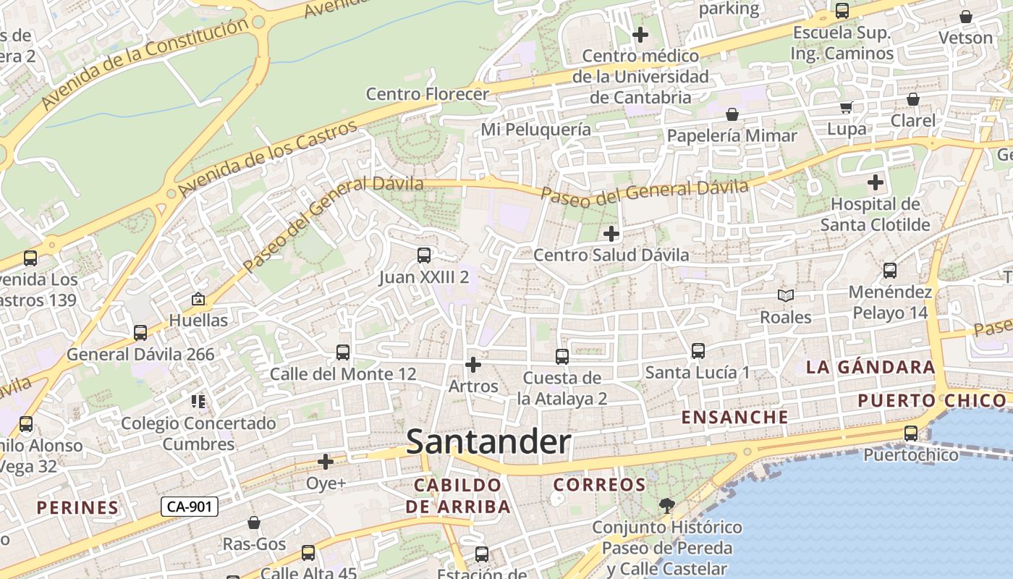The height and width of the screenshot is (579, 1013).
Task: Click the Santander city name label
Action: click(x=488, y=442)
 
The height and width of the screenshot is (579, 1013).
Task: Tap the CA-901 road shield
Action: click(x=189, y=507)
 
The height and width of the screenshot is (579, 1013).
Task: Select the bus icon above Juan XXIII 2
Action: click(x=424, y=255)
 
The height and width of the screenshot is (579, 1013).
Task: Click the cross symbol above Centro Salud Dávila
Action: click(x=611, y=234)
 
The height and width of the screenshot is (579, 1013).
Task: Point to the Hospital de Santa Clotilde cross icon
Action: click(x=876, y=182)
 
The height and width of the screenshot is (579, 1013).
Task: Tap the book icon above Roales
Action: click(x=786, y=295)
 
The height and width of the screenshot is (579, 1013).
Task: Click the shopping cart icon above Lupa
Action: click(x=846, y=108)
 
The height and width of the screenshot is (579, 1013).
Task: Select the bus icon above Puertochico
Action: click(x=911, y=434)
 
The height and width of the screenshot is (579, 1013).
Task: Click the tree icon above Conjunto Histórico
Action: click(x=666, y=506)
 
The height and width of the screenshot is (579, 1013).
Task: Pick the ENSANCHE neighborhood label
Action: click(x=735, y=418)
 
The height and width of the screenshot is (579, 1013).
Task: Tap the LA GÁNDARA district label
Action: click(x=870, y=367)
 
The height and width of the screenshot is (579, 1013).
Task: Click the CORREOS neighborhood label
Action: click(x=599, y=485)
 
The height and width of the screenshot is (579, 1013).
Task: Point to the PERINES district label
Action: click(x=77, y=508)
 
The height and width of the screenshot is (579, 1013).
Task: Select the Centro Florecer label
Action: click(x=427, y=94)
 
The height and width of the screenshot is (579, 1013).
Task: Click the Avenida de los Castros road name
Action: click(x=268, y=159)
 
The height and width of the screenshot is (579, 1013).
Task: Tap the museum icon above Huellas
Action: click(x=198, y=299)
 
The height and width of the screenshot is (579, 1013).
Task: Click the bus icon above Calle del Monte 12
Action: click(x=343, y=352)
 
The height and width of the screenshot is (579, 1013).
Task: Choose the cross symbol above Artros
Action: click(x=473, y=365)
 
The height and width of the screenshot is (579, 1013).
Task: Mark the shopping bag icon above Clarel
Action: click(x=913, y=99)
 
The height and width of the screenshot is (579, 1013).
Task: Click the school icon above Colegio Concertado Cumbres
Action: click(x=198, y=402)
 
